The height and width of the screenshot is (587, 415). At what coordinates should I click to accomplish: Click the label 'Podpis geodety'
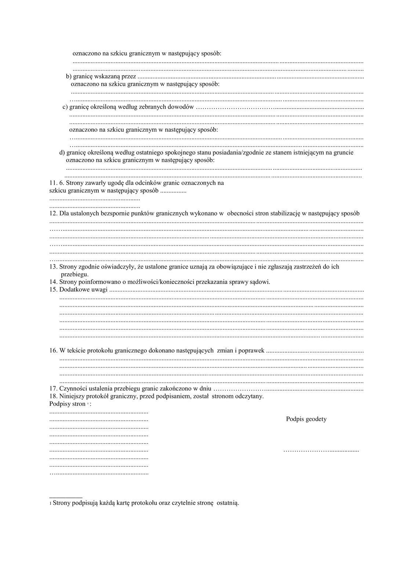click(306, 419)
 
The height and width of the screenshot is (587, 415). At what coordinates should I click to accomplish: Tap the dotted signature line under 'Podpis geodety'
click(321, 450)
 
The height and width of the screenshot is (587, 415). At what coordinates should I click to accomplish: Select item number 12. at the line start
click(53, 213)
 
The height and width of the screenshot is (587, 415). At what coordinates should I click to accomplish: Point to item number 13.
click(53, 267)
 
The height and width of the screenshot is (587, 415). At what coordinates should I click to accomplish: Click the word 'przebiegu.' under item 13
click(75, 274)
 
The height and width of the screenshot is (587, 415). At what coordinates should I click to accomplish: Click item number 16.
click(53, 350)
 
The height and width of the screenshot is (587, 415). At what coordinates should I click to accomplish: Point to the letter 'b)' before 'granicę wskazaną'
click(69, 77)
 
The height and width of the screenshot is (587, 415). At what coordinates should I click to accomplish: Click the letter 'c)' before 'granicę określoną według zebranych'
click(65, 107)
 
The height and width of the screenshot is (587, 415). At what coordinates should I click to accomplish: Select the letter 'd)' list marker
click(62, 153)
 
